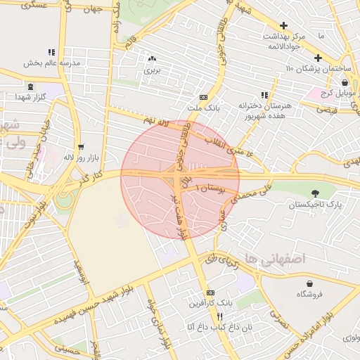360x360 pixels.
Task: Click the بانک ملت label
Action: [204, 109]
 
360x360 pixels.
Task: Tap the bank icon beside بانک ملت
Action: [203, 98]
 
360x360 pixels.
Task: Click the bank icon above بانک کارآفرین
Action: [210, 292]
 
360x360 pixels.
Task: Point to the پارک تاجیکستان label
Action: [314, 205]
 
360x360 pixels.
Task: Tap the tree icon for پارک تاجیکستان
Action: [314, 193]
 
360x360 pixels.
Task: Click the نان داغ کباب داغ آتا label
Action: [210, 327]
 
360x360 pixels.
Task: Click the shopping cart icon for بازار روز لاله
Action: [82, 147]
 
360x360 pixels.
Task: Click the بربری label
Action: [153, 70]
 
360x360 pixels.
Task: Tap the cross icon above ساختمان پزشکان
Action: [318, 58]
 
